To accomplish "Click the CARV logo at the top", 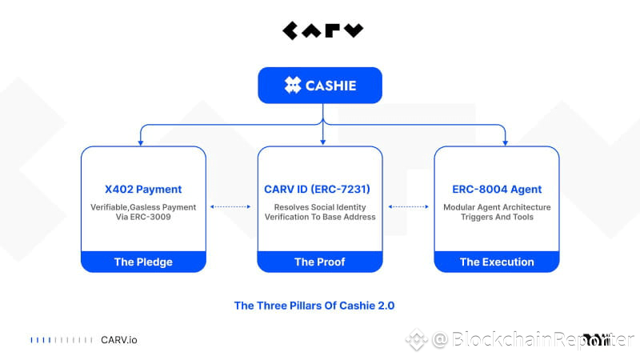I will point(322,31).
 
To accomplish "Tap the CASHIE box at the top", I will point(320,85).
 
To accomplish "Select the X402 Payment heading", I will point(143,190).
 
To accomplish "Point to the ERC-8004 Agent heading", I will point(496,190).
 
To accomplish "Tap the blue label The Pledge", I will point(143,262).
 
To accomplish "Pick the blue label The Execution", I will point(496,262).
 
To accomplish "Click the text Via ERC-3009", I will point(143,218).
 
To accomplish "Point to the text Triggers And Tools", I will point(496,218).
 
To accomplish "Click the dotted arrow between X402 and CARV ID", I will point(231,206).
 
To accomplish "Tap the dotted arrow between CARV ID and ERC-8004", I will point(408,206).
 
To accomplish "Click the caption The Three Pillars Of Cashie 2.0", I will point(314,306).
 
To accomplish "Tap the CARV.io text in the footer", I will point(118,340).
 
